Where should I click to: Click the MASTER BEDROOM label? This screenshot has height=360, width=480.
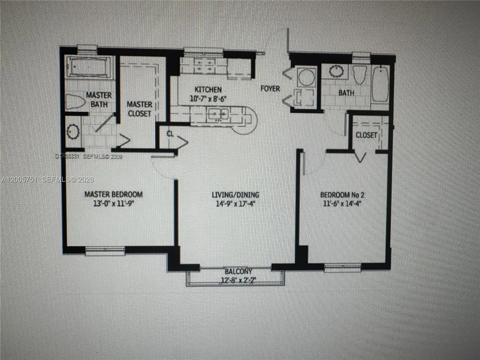point(113,194)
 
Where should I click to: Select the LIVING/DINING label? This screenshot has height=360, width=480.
point(235,195)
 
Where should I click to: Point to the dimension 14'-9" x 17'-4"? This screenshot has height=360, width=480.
point(235,204)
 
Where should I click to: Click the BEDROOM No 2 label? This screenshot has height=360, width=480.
point(342,195)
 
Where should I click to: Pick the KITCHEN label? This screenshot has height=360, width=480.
point(208,89)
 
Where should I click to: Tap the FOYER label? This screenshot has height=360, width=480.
point(270,88)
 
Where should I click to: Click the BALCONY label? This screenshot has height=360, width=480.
point(238,271)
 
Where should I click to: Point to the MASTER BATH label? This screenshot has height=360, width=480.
point(99,100)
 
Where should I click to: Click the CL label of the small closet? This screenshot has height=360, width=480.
point(170,134)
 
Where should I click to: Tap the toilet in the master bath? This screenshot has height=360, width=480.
point(75,102)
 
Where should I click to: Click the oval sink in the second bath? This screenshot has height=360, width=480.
point(337,71)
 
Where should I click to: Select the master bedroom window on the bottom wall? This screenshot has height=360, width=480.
point(105,251)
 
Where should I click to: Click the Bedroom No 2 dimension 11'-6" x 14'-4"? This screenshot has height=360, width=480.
point(342,204)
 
